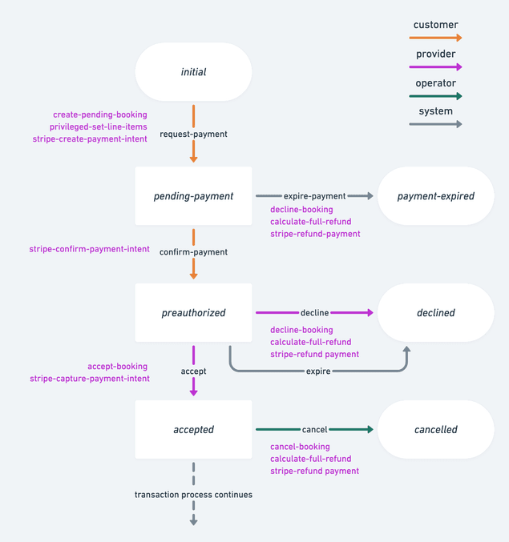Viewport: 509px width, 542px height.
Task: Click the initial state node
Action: point(193,72)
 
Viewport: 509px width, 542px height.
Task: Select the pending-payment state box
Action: point(193,196)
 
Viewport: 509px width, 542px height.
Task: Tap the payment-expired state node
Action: point(435,196)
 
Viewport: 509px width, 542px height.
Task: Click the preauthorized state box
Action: point(193,313)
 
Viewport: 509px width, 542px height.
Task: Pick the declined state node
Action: point(435,313)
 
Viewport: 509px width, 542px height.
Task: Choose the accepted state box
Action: point(193,430)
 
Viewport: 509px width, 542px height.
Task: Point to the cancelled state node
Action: point(435,430)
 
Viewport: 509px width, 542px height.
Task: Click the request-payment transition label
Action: point(193,134)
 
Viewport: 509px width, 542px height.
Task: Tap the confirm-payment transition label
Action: point(193,252)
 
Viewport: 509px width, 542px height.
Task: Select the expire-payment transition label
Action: point(314,196)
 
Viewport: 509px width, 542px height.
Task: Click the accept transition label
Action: point(193,371)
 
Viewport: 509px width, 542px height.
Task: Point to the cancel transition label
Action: point(314,430)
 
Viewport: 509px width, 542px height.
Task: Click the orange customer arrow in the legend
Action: point(435,38)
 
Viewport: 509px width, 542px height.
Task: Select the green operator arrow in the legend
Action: point(435,96)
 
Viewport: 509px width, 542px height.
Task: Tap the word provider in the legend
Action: point(435,54)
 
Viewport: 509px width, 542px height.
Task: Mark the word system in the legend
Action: point(435,112)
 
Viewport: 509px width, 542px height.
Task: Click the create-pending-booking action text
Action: point(100,115)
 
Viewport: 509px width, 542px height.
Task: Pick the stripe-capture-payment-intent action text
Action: point(90,379)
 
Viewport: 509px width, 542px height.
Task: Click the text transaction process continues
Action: point(193,495)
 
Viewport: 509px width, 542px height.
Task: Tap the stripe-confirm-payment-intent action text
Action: point(90,249)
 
